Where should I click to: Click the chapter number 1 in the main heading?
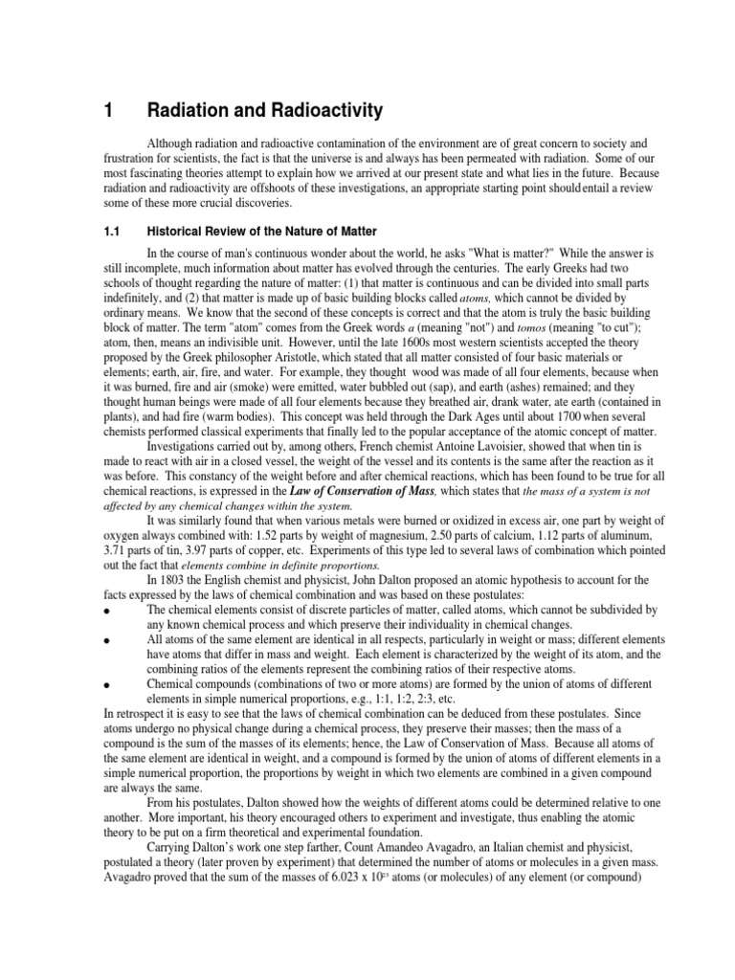click(x=108, y=111)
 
